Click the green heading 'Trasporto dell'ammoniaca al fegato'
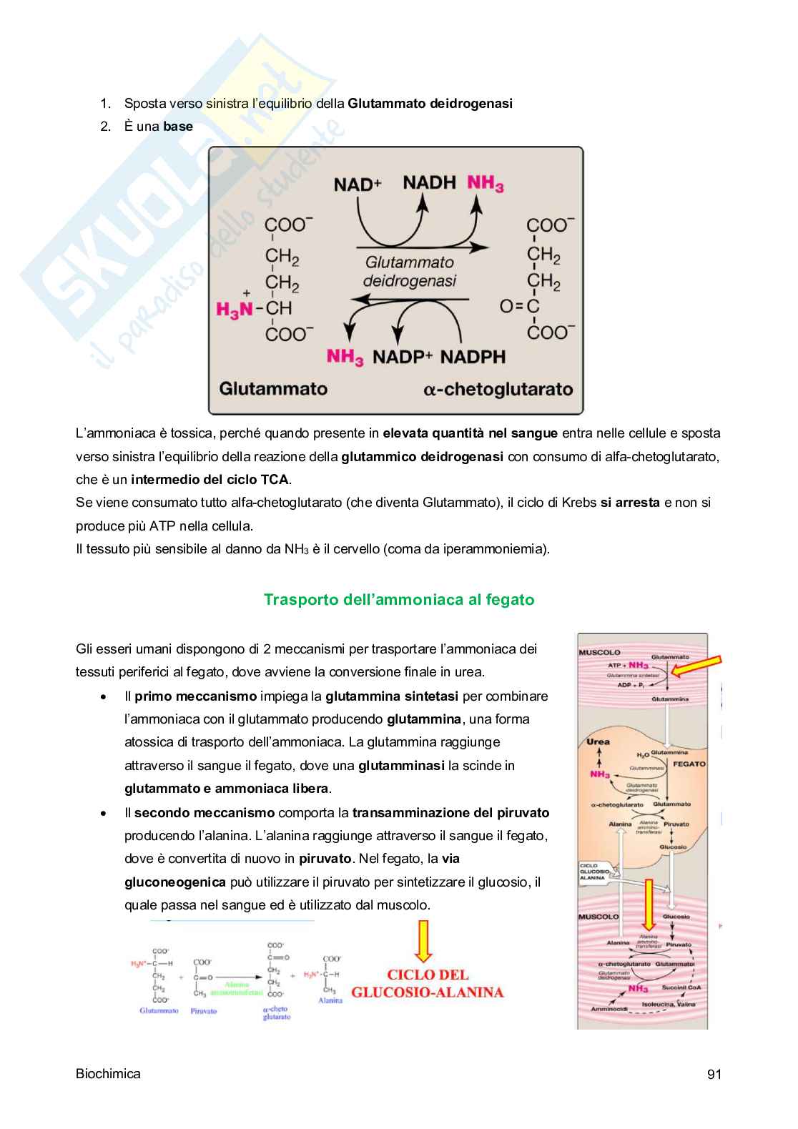point(399,599)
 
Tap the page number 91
point(714,1074)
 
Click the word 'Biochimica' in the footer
point(108,1073)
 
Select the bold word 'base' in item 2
point(178,127)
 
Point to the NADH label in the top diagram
point(429,183)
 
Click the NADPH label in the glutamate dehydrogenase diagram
point(473,356)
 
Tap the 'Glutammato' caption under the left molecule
point(273,389)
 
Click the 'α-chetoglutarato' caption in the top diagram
point(498,390)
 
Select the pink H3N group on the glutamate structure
point(235,309)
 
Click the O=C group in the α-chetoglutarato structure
point(519,307)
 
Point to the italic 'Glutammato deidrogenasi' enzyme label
point(410,272)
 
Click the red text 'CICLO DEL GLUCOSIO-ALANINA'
point(428,983)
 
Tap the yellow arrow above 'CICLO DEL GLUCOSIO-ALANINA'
point(424,941)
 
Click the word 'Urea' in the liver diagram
point(598,741)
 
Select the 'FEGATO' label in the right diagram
point(689,764)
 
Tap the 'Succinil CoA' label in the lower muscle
point(681,987)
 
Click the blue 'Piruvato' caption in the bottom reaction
point(204,1011)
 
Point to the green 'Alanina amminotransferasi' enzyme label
point(237,989)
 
